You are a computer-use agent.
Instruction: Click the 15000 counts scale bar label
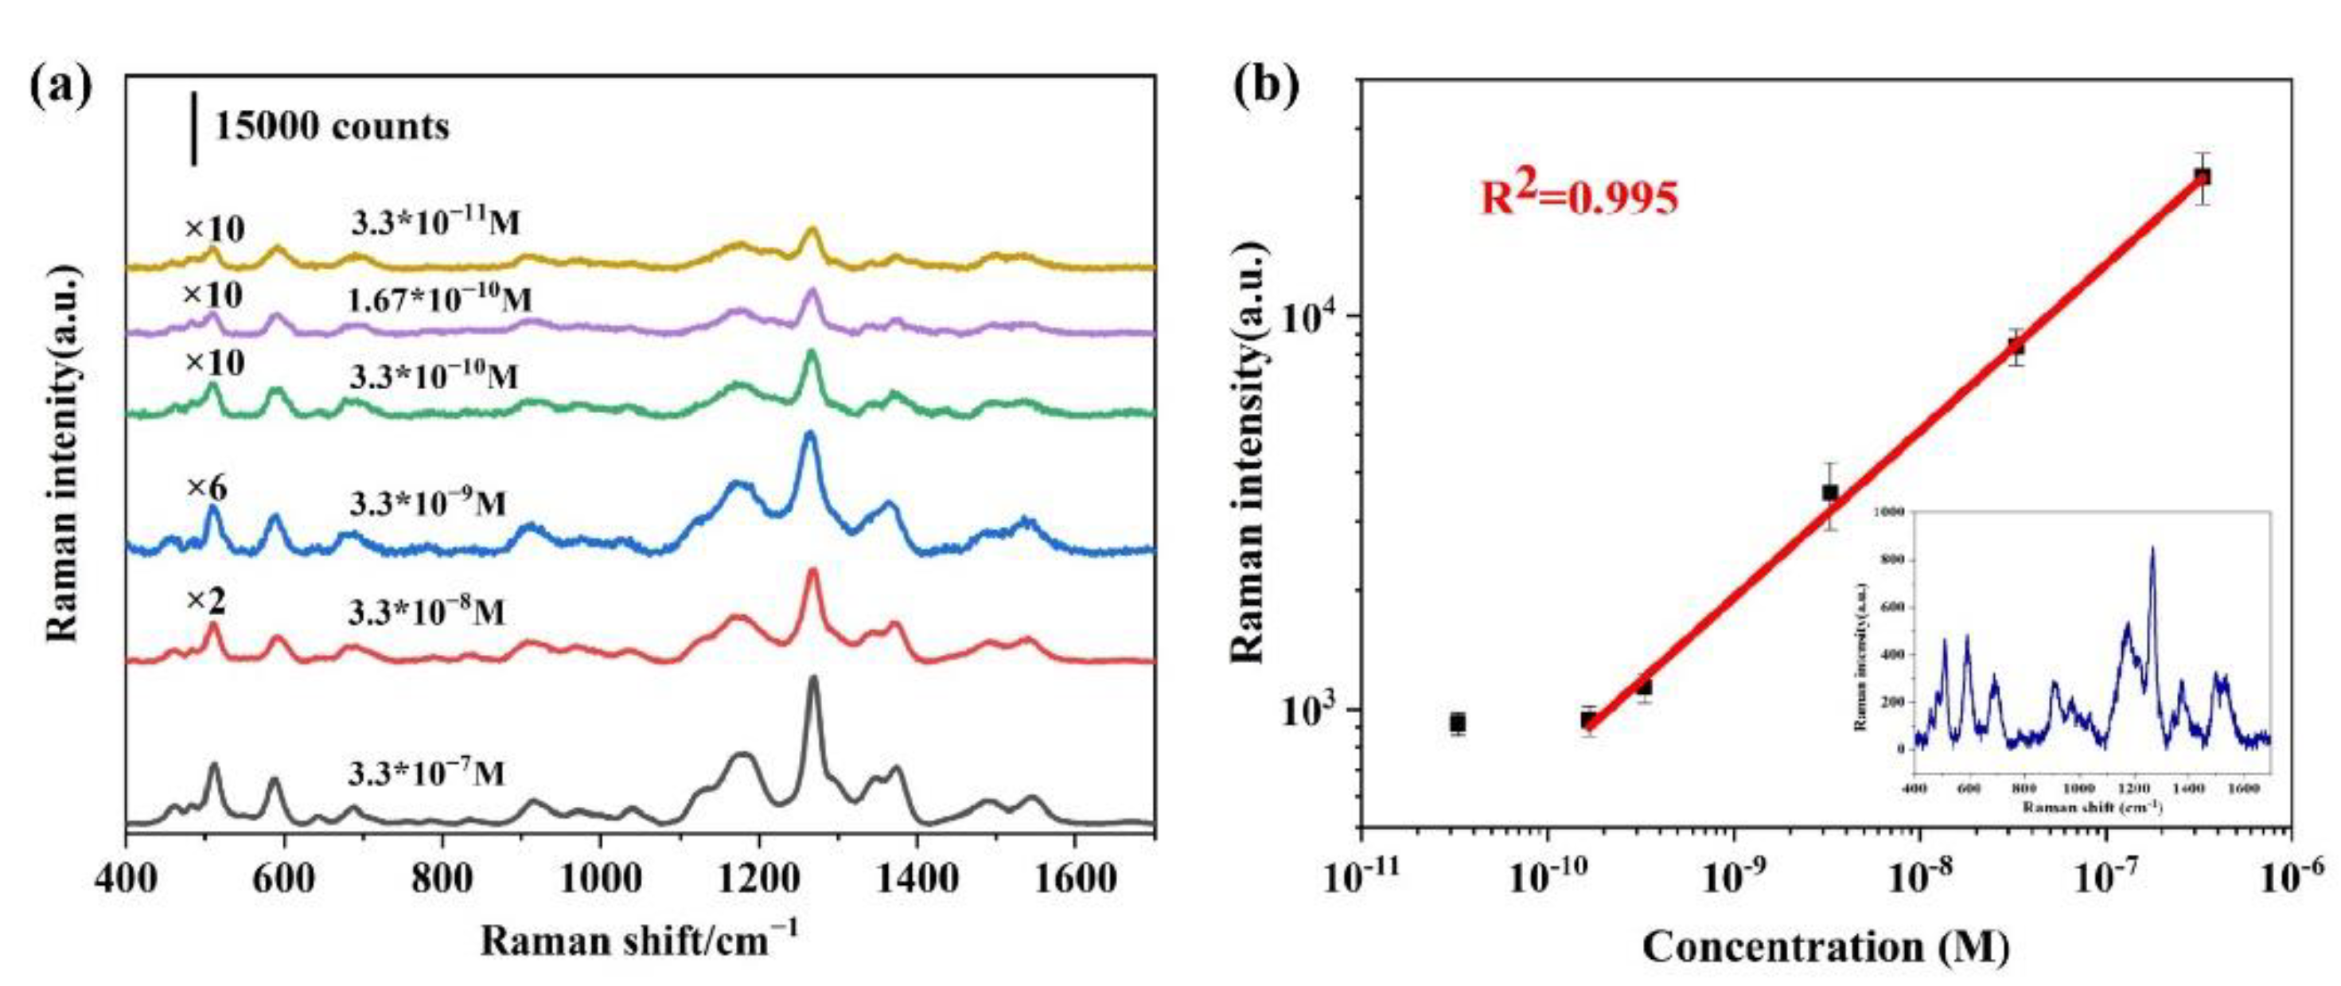click(x=331, y=127)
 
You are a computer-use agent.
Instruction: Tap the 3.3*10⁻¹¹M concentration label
click(x=435, y=222)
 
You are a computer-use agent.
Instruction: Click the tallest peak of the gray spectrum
click(x=812, y=679)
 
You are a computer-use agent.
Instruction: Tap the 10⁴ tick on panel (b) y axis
click(x=1311, y=318)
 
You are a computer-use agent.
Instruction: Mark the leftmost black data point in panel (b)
click(x=1458, y=723)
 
